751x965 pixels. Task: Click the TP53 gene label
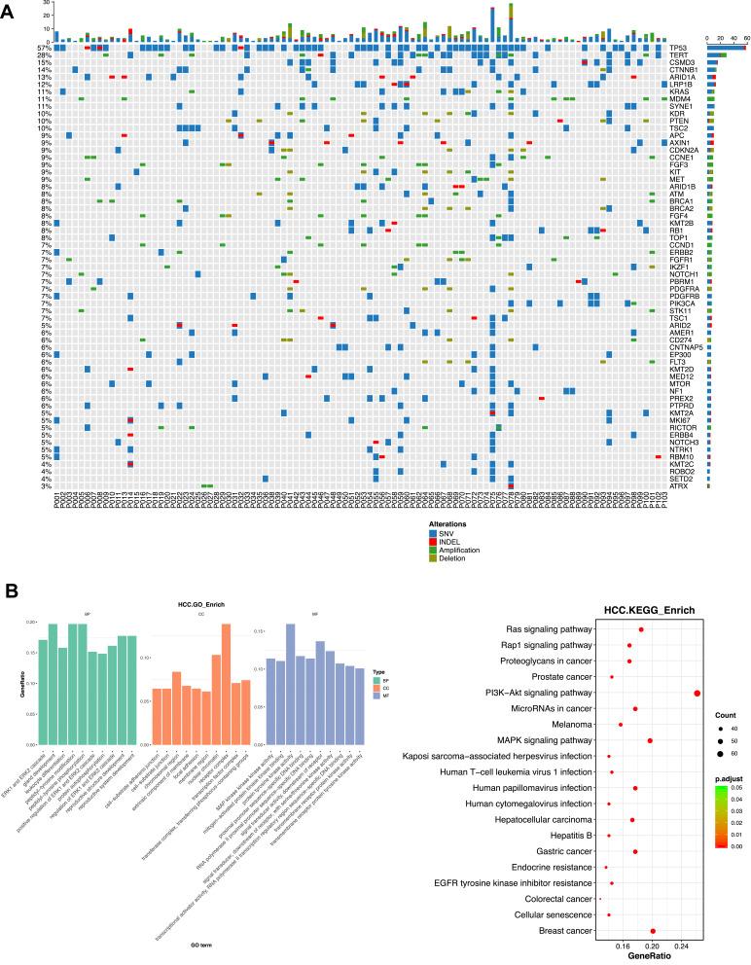(x=677, y=47)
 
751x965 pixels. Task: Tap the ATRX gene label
(x=677, y=485)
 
